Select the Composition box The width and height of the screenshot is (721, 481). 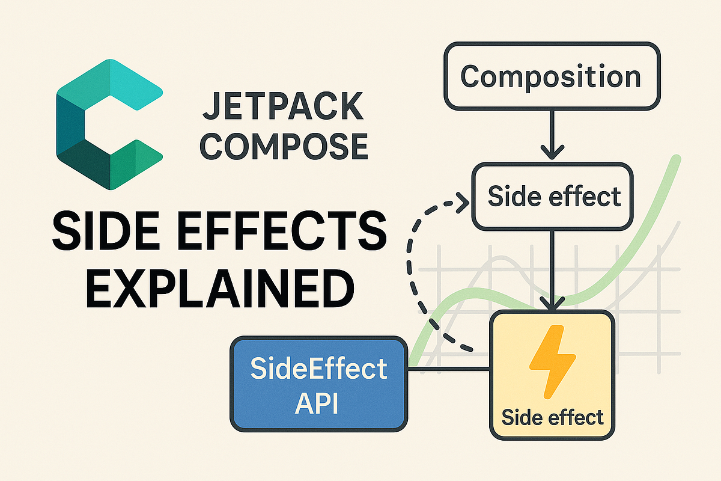point(550,77)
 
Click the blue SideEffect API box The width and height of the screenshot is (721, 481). point(318,384)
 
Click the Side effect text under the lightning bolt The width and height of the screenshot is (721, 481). point(552,417)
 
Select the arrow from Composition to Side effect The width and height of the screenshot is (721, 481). point(550,135)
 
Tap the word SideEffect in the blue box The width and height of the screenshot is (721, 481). point(318,369)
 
